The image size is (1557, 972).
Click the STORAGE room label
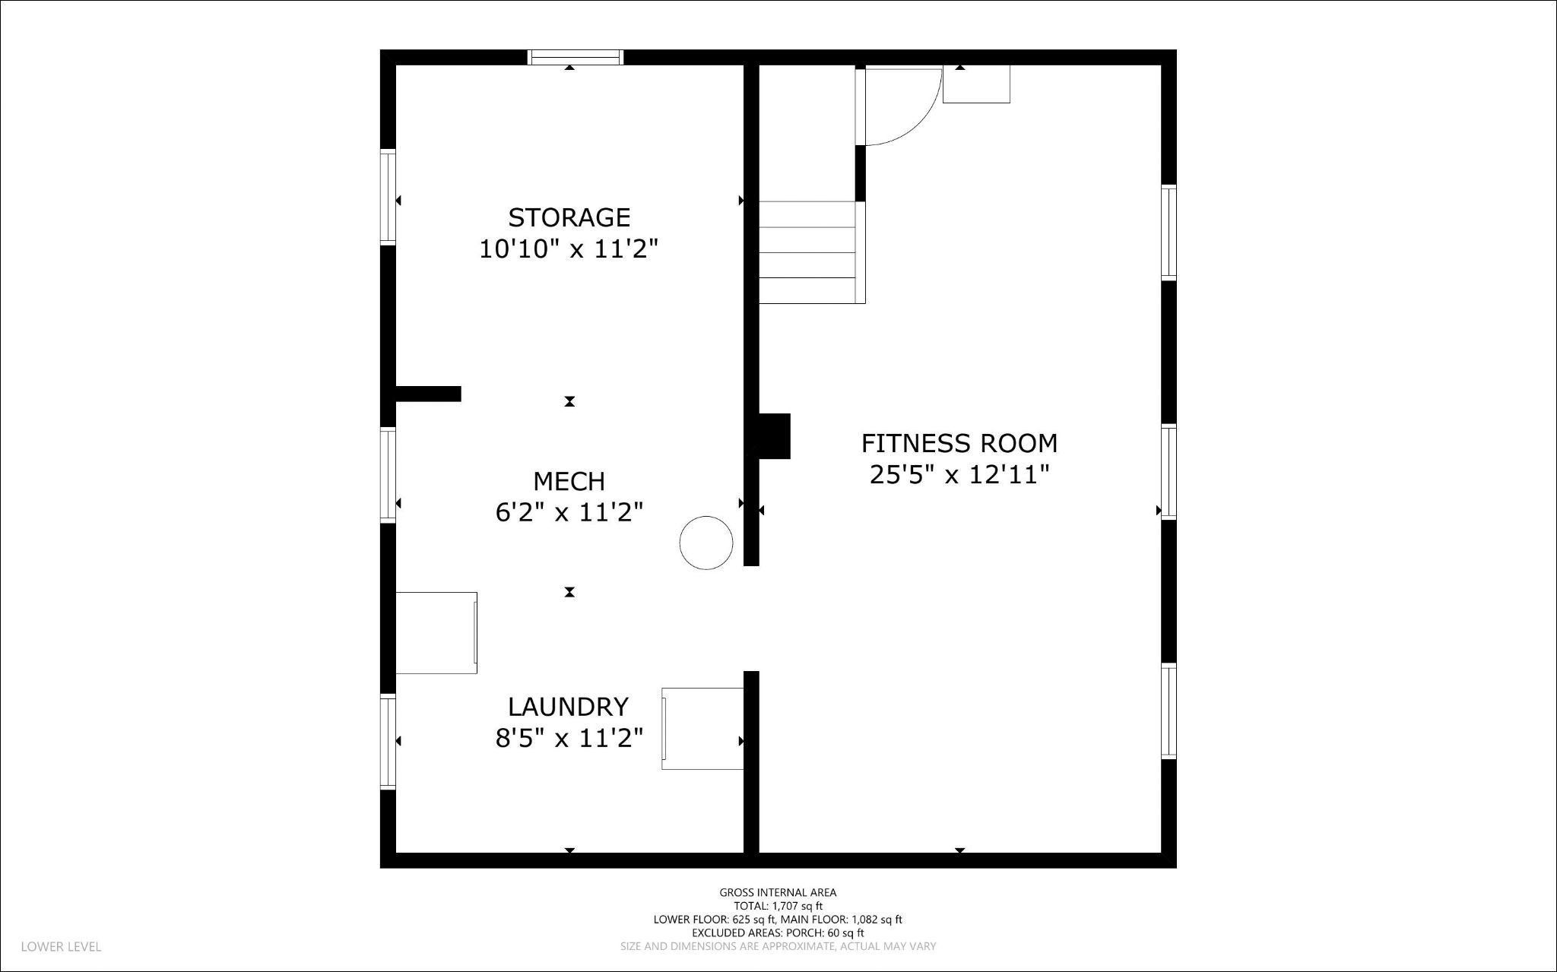(569, 217)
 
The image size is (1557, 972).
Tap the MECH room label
(569, 481)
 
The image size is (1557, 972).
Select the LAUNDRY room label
(568, 707)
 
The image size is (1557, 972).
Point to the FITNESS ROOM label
(959, 442)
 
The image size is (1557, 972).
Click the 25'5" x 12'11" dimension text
(959, 475)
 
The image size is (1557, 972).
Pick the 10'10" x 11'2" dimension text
(568, 249)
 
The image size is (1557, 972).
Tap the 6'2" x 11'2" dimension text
(569, 513)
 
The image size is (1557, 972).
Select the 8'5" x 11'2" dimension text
(569, 738)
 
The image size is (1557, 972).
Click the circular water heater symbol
(706, 543)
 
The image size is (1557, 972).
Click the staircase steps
(810, 252)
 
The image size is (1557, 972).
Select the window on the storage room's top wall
(576, 57)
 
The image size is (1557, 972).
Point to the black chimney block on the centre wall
(774, 436)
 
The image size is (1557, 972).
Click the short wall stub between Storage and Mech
(428, 394)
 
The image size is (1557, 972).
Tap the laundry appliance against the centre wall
(702, 729)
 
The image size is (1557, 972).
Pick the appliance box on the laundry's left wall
(436, 632)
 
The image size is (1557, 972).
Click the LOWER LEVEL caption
(61, 947)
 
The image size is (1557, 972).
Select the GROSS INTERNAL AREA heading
(778, 893)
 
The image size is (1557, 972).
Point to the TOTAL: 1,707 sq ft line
(778, 906)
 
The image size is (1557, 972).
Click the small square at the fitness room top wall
(976, 84)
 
